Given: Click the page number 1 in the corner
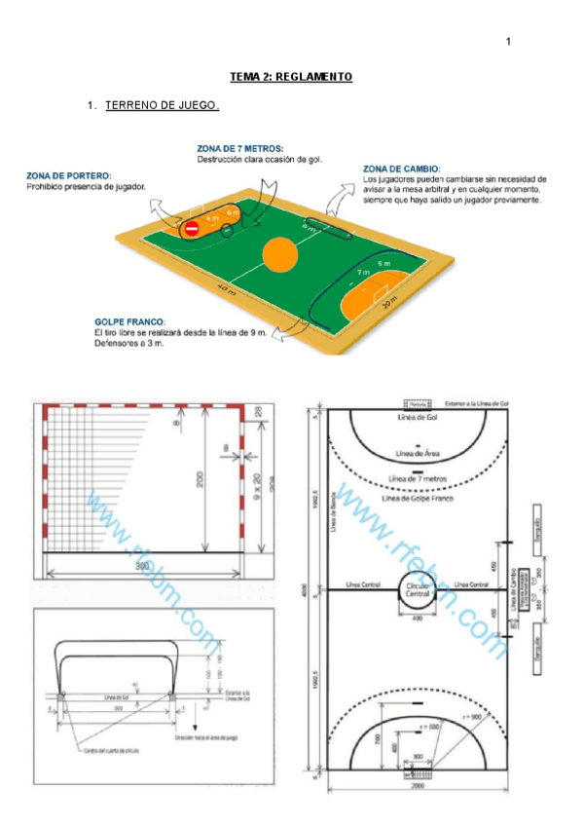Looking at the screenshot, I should tap(508, 42).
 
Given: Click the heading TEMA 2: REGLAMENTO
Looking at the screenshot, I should tap(291, 76).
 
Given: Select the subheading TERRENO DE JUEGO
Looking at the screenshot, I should tap(163, 104).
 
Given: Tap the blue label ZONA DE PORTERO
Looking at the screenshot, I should tap(69, 175).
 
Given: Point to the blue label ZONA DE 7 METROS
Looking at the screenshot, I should tap(240, 149).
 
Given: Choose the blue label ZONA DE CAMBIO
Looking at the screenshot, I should tap(402, 169).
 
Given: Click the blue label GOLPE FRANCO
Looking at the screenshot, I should tap(130, 321).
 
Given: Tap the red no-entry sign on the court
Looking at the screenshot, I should tap(191, 229).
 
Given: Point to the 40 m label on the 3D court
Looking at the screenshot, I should tap(226, 290).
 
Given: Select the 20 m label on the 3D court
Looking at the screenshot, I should tap(389, 304).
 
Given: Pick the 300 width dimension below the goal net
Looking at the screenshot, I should tap(142, 564).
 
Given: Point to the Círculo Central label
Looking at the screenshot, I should tap(417, 590).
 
